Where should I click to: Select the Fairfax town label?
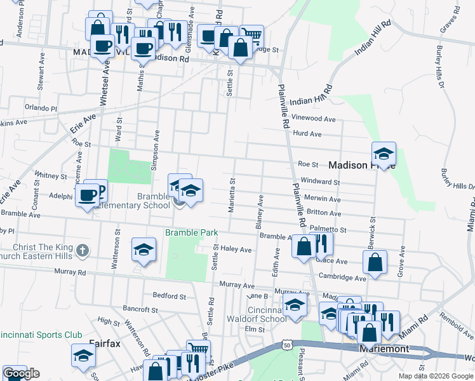[105, 344]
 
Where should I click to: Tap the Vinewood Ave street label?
[312, 119]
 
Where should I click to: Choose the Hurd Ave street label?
[307, 134]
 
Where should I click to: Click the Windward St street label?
[320, 182]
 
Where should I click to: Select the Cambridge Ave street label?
[342, 278]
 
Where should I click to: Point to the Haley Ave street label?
[236, 250]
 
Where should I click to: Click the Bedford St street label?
[170, 296]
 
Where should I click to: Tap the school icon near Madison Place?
[384, 154]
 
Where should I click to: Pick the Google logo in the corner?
[21, 373]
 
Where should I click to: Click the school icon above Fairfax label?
[83, 356]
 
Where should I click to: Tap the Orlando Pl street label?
[41, 108]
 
